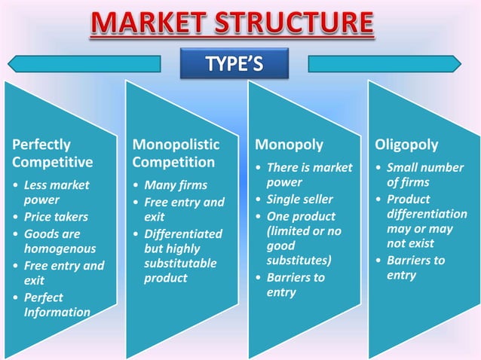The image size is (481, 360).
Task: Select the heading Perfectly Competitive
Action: coord(53,153)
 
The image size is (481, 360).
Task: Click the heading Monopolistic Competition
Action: coord(176,153)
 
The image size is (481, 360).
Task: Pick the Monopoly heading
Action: coord(289,145)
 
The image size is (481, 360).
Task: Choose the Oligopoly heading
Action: coord(406,145)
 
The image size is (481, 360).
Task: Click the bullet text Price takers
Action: coord(56,217)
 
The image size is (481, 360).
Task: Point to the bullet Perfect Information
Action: coord(57,304)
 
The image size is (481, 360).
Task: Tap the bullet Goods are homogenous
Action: coord(60,241)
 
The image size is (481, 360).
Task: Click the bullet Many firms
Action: coord(176,185)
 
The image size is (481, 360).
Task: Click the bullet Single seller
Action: coord(299,200)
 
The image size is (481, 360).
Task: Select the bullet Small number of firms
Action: coord(424,175)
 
